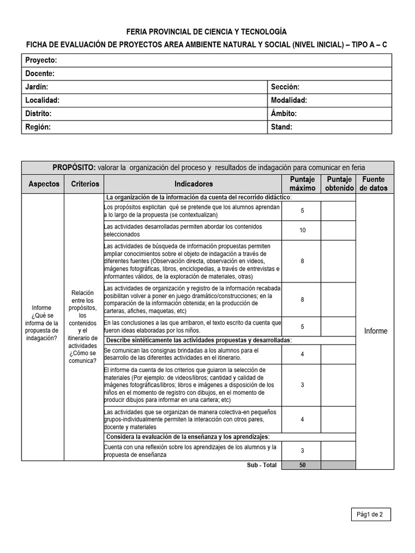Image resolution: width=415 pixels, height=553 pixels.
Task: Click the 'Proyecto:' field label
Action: pyautogui.click(x=41, y=60)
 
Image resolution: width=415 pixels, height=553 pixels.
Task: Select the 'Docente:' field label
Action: pyautogui.click(x=40, y=73)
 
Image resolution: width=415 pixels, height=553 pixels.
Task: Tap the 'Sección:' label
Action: pyautogui.click(x=285, y=87)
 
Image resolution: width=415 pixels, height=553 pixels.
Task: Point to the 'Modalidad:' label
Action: pyautogui.click(x=289, y=100)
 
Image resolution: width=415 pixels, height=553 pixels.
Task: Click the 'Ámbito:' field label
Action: pyautogui.click(x=284, y=114)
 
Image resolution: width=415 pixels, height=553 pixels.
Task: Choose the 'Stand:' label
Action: pyautogui.click(x=281, y=127)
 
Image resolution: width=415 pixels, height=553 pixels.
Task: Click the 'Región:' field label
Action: pyautogui.click(x=38, y=127)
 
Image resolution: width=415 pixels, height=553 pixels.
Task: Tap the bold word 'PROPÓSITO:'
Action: pyautogui.click(x=73, y=167)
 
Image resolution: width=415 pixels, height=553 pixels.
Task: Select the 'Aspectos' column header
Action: pyautogui.click(x=43, y=184)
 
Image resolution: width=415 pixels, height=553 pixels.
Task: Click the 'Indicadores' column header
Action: pyautogui.click(x=193, y=184)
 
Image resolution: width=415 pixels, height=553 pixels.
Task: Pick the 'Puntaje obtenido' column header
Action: pyautogui.click(x=338, y=184)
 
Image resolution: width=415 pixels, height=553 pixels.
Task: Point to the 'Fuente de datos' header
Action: pyautogui.click(x=374, y=184)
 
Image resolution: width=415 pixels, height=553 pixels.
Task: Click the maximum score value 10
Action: pyautogui.click(x=302, y=231)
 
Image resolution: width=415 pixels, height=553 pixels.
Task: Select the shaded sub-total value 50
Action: pyautogui.click(x=302, y=465)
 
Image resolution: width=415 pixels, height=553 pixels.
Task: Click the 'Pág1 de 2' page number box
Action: pyautogui.click(x=370, y=515)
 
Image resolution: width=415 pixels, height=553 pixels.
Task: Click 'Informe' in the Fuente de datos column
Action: pyautogui.click(x=375, y=331)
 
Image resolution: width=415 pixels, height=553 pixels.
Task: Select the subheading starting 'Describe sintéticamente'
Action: pyautogui.click(x=199, y=340)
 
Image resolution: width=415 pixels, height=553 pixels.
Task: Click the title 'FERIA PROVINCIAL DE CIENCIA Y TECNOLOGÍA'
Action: pyautogui.click(x=206, y=32)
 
